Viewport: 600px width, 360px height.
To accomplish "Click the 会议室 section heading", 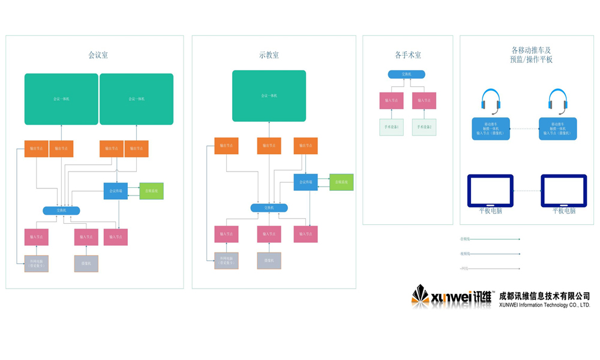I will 98,55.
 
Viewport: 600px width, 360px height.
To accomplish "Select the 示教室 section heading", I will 269,55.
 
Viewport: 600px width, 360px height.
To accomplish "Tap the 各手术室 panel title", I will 407,55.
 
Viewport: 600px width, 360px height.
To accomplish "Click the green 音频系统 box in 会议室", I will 151,191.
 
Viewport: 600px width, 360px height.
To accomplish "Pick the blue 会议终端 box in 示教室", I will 305,182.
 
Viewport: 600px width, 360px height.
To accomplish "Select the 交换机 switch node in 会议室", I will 61,210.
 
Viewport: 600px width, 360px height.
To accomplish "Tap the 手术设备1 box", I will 391,127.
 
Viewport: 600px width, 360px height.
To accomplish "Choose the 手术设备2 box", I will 424,127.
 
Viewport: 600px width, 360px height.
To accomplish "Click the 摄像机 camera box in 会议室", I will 86,263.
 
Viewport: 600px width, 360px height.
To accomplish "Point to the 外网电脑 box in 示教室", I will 226,260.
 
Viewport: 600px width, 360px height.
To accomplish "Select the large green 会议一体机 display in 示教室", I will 269,96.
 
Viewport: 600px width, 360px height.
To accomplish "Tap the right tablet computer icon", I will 563,191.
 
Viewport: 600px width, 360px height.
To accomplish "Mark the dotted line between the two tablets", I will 527,191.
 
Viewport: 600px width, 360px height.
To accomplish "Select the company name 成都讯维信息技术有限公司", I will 544,295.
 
